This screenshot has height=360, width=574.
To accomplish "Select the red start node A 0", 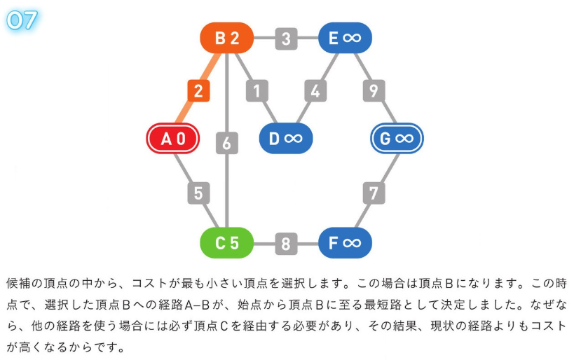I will pyautogui.click(x=173, y=139).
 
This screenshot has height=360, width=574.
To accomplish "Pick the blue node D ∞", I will pyautogui.click(x=285, y=139).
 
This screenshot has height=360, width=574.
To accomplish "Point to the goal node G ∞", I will pyautogui.click(x=397, y=139).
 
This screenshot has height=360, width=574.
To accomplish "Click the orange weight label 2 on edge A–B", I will pyautogui.click(x=198, y=91).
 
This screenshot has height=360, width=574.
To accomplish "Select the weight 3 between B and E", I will pyautogui.click(x=286, y=39).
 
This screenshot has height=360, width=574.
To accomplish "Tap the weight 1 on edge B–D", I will pyautogui.click(x=257, y=91).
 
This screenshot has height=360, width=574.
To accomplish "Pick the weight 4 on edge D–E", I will pyautogui.click(x=315, y=91).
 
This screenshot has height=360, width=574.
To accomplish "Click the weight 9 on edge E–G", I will pyautogui.click(x=374, y=91).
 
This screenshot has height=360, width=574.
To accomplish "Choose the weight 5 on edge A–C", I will pyautogui.click(x=198, y=192).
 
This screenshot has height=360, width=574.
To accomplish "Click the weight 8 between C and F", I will pyautogui.click(x=286, y=244).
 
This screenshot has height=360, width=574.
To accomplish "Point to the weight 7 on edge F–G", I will pyautogui.click(x=374, y=192).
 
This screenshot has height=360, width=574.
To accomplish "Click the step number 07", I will pyautogui.click(x=22, y=19).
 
